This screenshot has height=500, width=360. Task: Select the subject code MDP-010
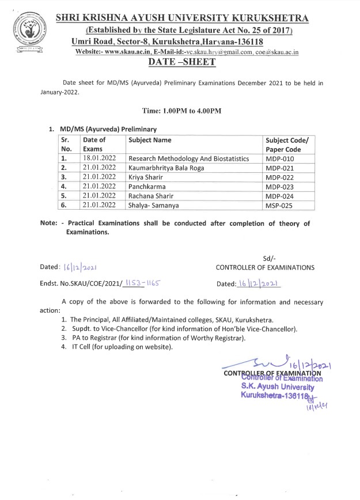280,158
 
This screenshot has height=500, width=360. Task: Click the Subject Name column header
150,140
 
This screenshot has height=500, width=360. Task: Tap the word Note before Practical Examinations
49,223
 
